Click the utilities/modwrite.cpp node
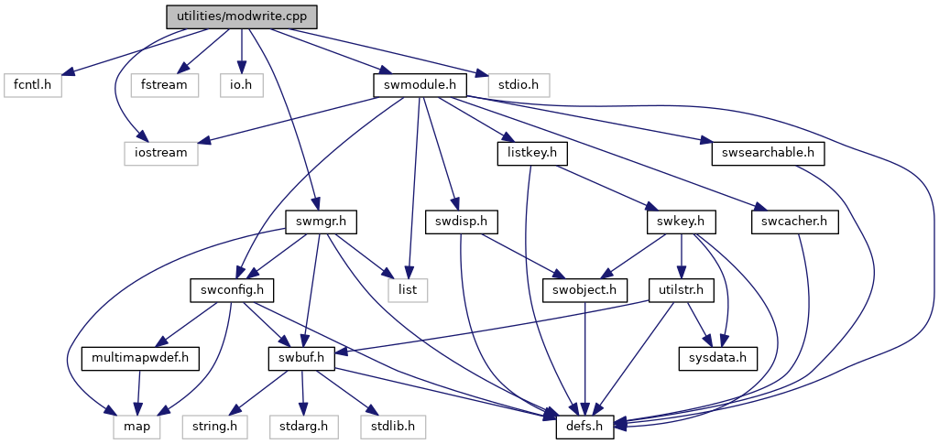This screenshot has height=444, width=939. (x=241, y=16)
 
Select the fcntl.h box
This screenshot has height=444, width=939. (x=32, y=85)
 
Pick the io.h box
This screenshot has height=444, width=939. (x=241, y=85)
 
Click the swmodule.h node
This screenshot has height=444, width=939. (x=420, y=85)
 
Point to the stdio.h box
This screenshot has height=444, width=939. (x=519, y=85)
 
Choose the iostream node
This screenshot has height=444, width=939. (x=161, y=154)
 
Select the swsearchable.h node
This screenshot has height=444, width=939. (x=769, y=154)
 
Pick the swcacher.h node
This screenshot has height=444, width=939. (x=794, y=222)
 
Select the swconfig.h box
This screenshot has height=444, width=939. (x=232, y=291)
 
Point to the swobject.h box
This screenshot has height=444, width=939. (x=586, y=291)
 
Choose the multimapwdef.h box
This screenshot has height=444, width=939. (x=141, y=359)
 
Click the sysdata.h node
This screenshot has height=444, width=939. (x=718, y=359)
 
